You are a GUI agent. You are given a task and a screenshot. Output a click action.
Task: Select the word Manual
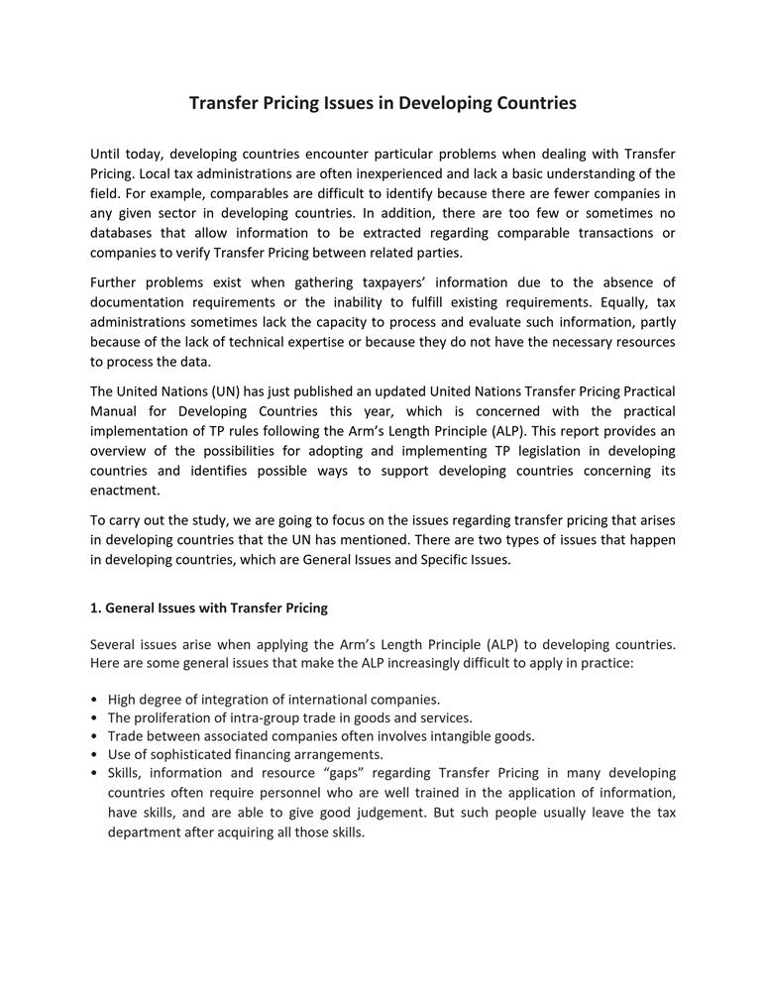click(114, 411)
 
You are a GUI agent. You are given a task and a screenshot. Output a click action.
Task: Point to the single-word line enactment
click(125, 491)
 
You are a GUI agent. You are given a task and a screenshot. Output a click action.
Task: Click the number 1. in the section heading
click(96, 607)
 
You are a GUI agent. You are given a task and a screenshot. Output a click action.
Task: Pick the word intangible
click(455, 736)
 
